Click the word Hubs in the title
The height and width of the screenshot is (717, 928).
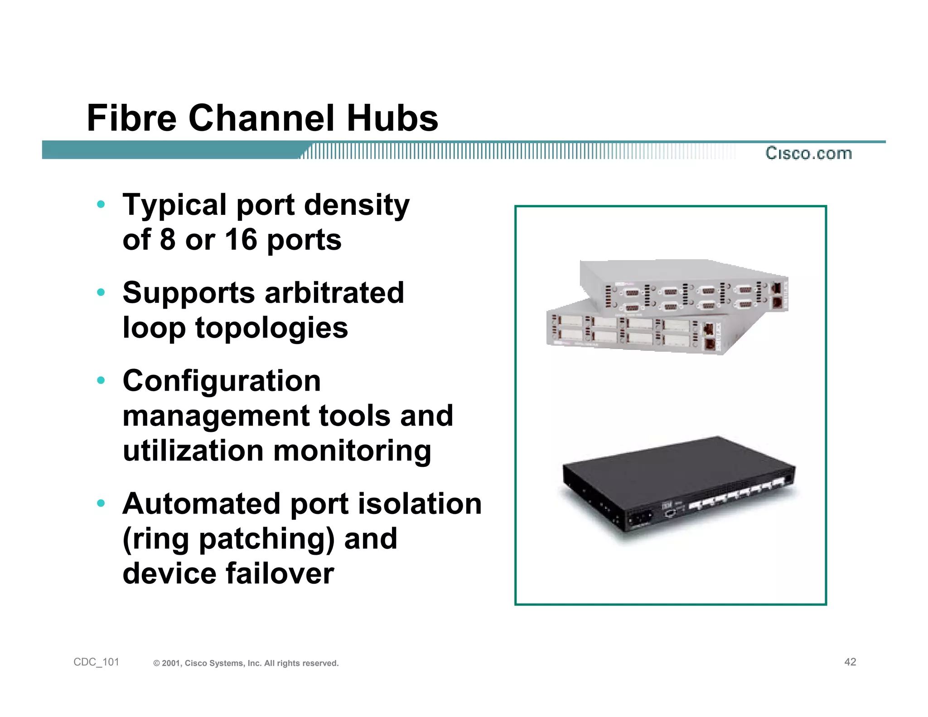click(392, 118)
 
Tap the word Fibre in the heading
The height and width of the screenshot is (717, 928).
click(131, 118)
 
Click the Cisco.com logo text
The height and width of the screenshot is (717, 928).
click(809, 153)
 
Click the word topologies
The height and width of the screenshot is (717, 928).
click(271, 328)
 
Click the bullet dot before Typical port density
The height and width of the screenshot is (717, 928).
click(101, 204)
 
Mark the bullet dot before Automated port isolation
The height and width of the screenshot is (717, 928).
click(101, 503)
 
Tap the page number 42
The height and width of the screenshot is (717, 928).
click(850, 662)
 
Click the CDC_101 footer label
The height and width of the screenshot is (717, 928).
click(96, 662)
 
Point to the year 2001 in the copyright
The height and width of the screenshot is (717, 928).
click(172, 664)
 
